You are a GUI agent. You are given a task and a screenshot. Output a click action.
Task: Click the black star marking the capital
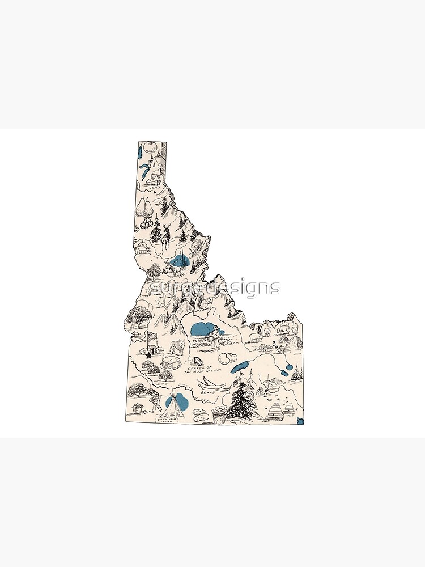tap(148, 354)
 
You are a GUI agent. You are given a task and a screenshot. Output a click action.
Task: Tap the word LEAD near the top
tap(153, 188)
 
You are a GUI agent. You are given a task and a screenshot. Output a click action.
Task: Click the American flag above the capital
tap(152, 338)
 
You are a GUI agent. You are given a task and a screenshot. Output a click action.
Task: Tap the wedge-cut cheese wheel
tap(172, 362)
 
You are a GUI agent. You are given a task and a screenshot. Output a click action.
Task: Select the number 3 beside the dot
tap(274, 344)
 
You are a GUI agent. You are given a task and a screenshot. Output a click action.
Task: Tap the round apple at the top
tap(150, 149)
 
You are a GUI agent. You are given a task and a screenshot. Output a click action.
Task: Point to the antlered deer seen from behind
tap(164, 236)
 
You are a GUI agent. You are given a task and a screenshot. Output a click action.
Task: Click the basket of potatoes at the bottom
tap(219, 416)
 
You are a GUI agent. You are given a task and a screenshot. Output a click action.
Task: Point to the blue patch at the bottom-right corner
tap(300, 421)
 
